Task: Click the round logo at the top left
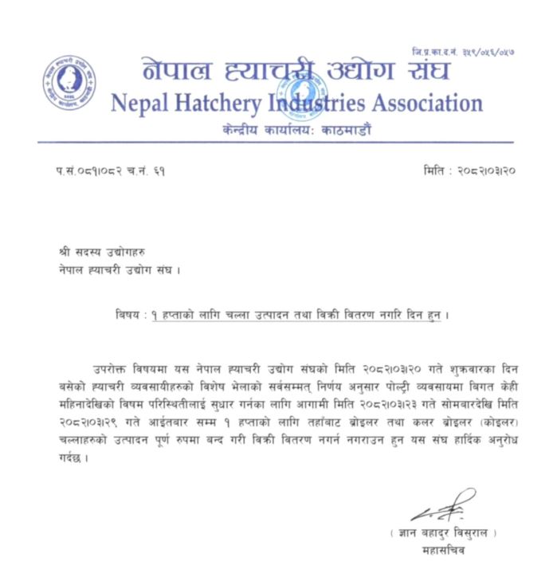tap(69, 84)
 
